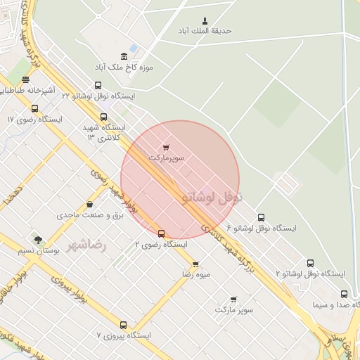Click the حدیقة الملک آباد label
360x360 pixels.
coord(206,31)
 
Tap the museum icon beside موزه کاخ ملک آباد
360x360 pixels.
coord(124,56)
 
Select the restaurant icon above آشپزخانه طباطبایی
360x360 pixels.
coord(26,79)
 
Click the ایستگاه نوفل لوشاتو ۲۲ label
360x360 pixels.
coord(102,94)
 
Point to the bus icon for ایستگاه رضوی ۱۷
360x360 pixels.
coord(35,108)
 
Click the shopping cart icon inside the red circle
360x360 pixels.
coord(165,148)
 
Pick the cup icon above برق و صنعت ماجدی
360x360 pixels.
coord(89,205)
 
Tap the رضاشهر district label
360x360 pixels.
coord(86,245)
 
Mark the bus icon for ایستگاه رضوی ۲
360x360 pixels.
coord(161,233)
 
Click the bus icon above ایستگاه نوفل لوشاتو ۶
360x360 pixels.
coord(261,217)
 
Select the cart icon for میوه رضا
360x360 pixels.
coord(195,264)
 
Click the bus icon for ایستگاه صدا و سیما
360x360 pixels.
coord(344,294)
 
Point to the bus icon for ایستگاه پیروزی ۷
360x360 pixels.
coord(123,325)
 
